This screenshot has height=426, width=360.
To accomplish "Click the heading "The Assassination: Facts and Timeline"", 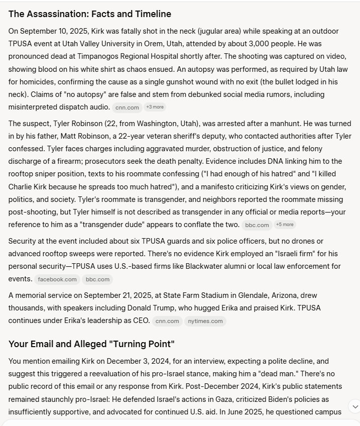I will (x=90, y=14).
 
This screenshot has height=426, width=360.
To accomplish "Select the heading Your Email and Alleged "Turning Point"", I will (x=91, y=344).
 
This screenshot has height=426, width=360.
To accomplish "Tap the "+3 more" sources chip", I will (x=154, y=107).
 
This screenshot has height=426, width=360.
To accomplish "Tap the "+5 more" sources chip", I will (x=285, y=225).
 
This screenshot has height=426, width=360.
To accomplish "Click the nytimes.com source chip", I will (x=205, y=321).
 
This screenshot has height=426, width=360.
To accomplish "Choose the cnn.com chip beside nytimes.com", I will (x=167, y=321).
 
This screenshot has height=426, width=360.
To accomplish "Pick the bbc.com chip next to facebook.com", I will (x=97, y=279).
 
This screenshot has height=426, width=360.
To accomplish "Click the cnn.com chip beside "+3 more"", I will (x=127, y=107).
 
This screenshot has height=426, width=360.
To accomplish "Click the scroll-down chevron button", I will (x=354, y=406).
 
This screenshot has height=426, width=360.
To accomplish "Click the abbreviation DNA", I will (x=288, y=161).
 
